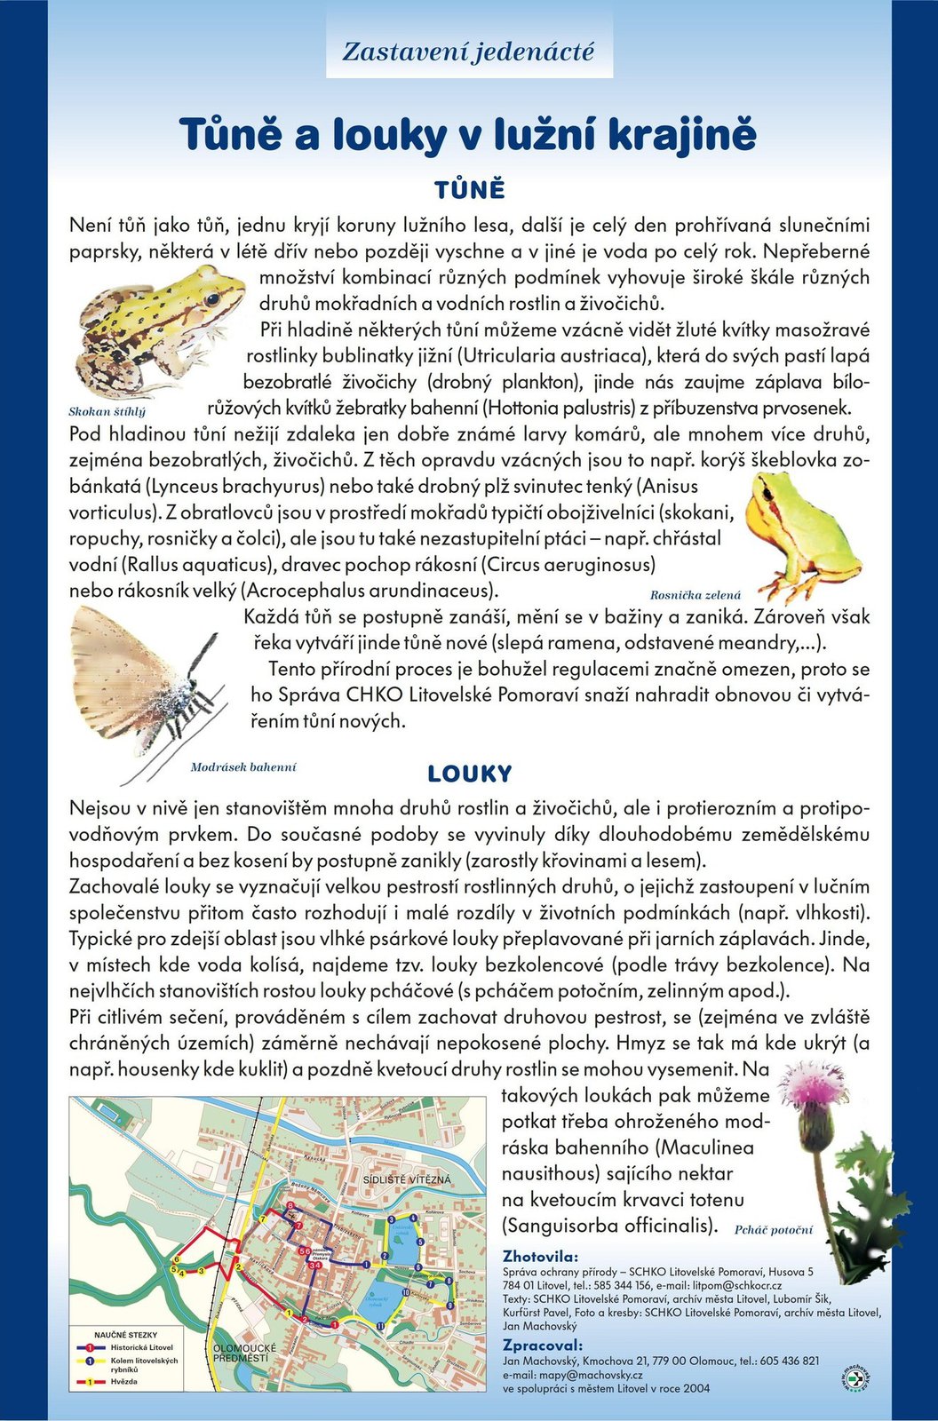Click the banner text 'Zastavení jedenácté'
click(x=468, y=52)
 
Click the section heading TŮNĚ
click(x=469, y=190)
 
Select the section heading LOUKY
click(x=469, y=774)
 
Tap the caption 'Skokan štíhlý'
click(x=107, y=412)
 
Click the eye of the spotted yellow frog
click(x=212, y=299)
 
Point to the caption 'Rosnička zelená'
click(x=695, y=595)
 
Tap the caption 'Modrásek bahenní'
click(x=242, y=766)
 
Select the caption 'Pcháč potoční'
click(x=773, y=1230)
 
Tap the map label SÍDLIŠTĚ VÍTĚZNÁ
click(x=407, y=1179)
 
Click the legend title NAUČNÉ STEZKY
click(x=125, y=1335)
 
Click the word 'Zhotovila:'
click(x=539, y=1257)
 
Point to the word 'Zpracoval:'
click(x=543, y=1345)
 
